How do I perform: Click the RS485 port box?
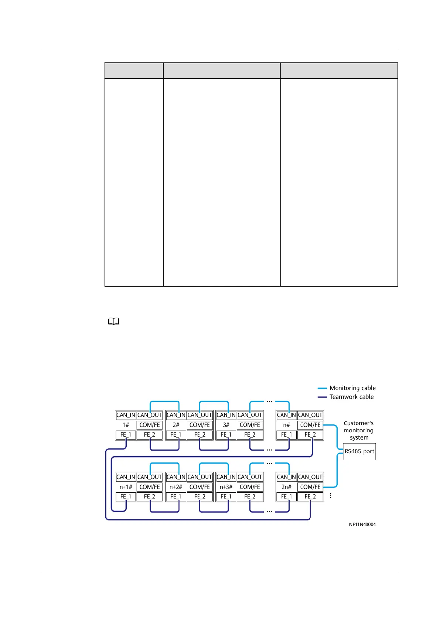point(359,451)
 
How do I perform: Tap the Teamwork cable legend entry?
point(346,397)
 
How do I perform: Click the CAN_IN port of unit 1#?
point(126,415)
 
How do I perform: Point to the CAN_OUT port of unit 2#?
point(200,415)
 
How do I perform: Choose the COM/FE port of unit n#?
point(310,425)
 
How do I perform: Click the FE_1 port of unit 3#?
point(226,435)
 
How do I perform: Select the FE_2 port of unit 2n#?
point(310,497)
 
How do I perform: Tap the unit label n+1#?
point(126,487)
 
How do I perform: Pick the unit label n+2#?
point(176,487)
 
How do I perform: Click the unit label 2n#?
point(286,487)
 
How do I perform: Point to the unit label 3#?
point(226,425)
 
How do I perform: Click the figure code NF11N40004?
point(362,524)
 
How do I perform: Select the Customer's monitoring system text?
point(358,430)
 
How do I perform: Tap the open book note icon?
point(114,322)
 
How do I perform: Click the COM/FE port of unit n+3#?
point(250,487)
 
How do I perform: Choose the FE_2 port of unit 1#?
point(150,435)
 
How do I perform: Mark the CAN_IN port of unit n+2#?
point(176,477)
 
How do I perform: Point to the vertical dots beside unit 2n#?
point(330,495)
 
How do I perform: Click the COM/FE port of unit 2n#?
point(310,487)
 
